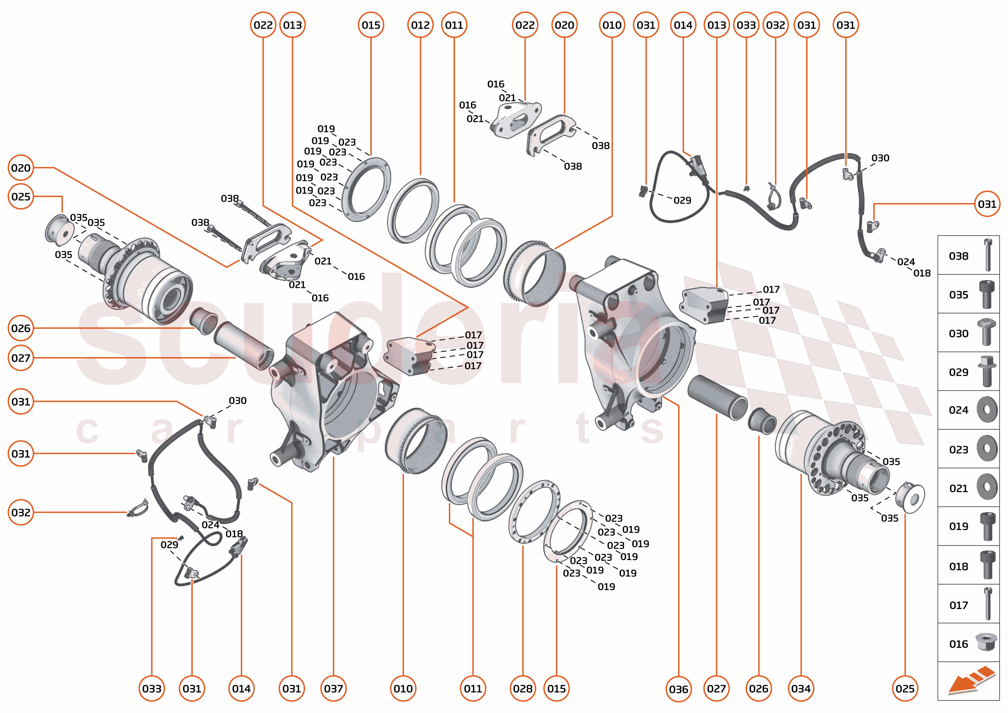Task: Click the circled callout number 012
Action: click(x=420, y=25)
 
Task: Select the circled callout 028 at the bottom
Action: click(x=523, y=688)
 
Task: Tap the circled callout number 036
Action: click(x=678, y=689)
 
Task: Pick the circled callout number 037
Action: click(x=333, y=688)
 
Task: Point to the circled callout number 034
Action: click(x=801, y=688)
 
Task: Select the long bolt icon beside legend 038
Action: click(x=988, y=255)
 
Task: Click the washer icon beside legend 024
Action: click(x=987, y=410)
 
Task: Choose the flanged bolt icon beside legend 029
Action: click(x=987, y=372)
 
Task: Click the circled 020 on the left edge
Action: click(x=21, y=168)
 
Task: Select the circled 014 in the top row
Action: click(x=683, y=25)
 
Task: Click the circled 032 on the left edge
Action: click(x=21, y=512)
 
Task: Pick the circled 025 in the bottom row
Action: click(x=905, y=688)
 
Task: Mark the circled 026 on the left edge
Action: click(x=21, y=328)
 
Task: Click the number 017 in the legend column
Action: click(x=958, y=605)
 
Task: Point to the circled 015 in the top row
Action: click(x=371, y=25)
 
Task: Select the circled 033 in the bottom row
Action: click(x=152, y=688)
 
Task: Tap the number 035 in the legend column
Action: click(x=958, y=295)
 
